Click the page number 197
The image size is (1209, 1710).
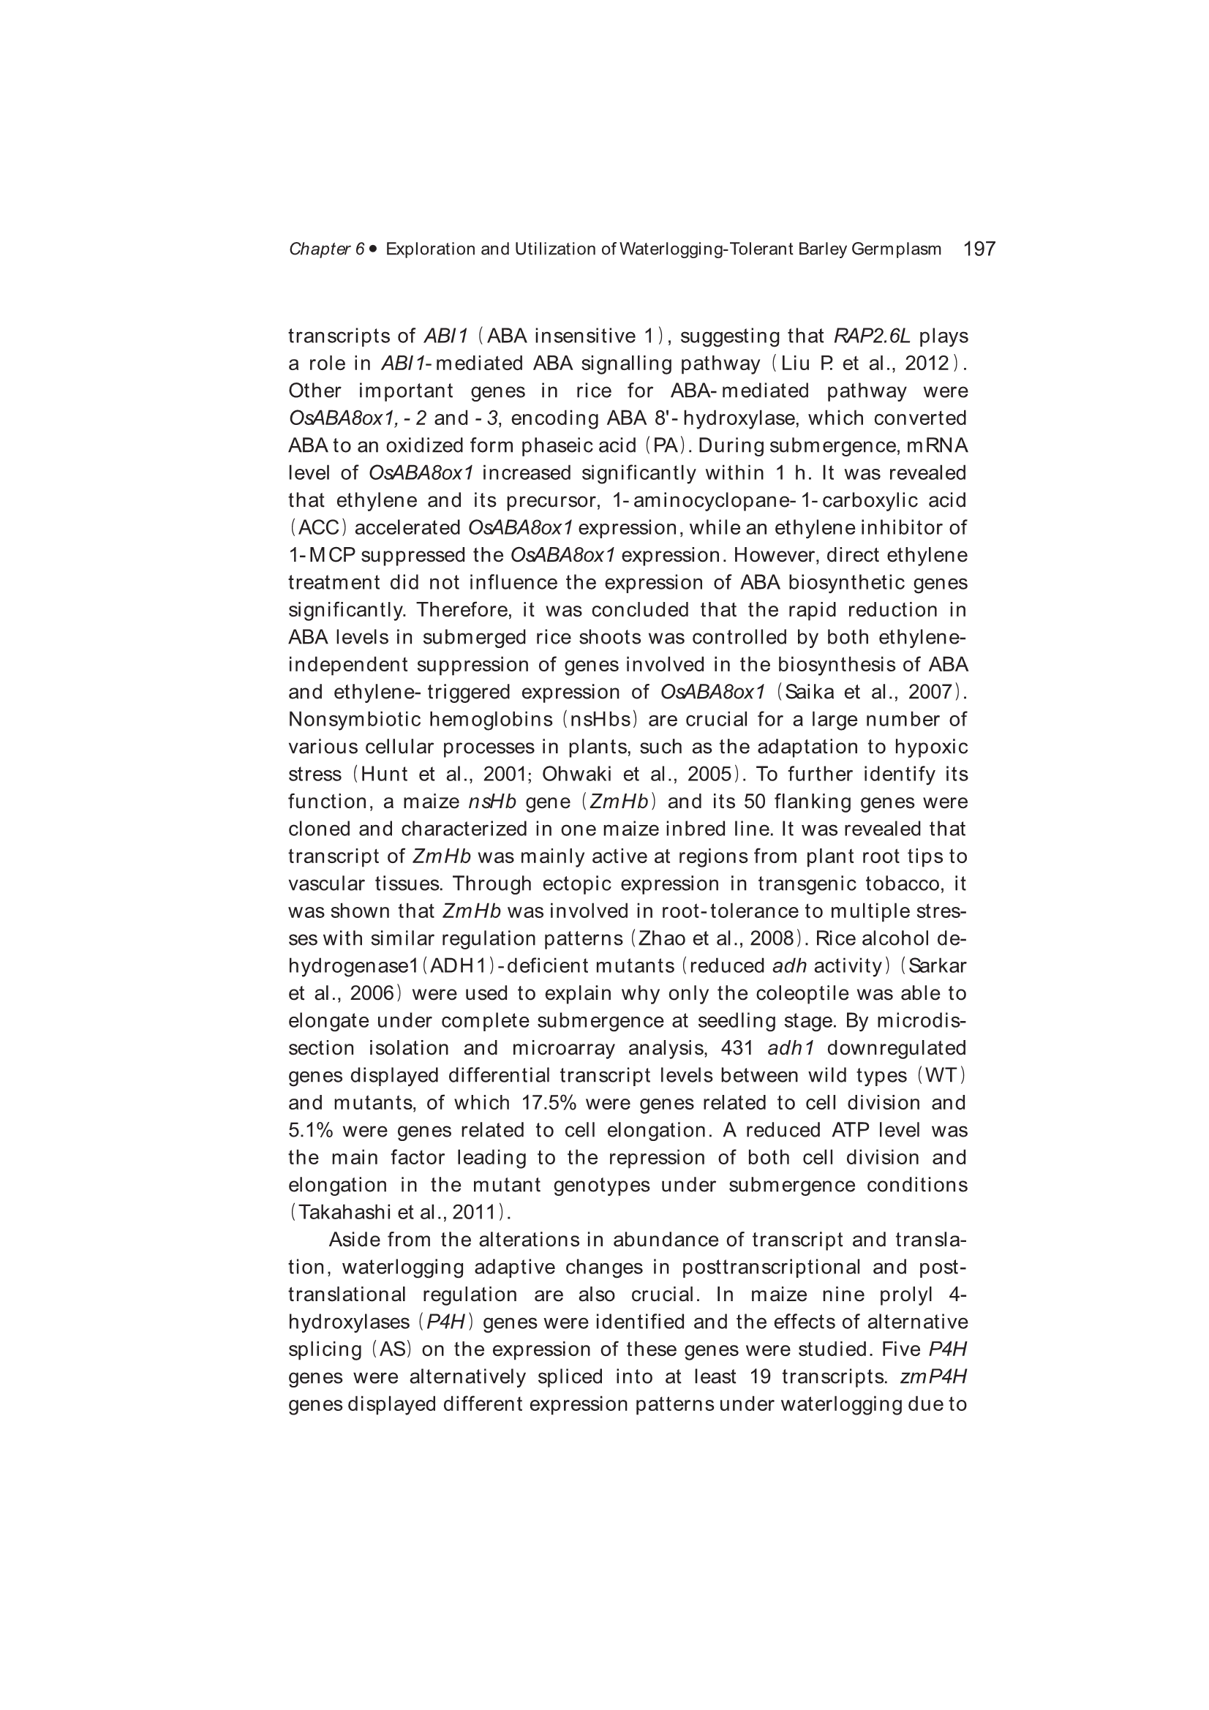pos(979,249)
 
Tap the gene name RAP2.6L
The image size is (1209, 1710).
pos(872,336)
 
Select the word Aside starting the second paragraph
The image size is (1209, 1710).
pos(354,1240)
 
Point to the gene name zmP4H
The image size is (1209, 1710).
pos(933,1376)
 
